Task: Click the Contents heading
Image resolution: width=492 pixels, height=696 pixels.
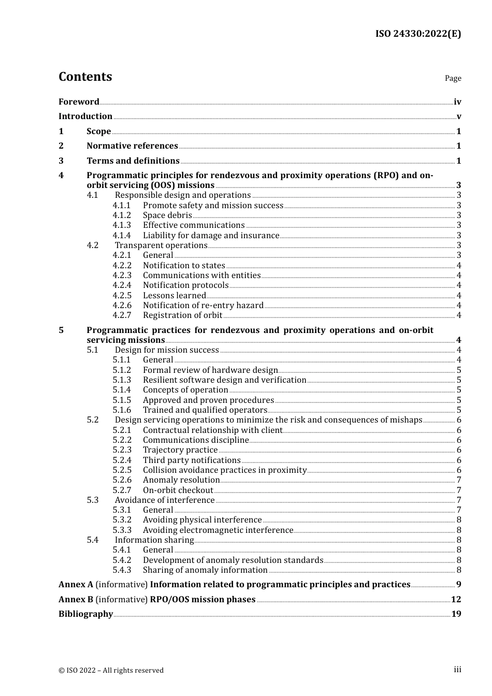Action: (85, 77)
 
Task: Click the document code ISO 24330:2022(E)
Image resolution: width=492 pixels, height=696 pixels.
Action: (418, 34)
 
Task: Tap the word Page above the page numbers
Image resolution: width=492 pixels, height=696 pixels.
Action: (453, 78)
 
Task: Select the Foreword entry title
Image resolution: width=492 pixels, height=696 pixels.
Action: (79, 102)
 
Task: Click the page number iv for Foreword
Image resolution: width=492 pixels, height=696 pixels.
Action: (457, 102)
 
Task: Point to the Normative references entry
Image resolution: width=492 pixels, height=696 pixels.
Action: (132, 146)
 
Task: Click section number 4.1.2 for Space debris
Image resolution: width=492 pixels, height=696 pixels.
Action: (122, 215)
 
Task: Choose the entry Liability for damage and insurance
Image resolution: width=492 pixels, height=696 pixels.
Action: (211, 236)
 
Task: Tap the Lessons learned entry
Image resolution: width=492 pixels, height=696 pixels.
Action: (174, 296)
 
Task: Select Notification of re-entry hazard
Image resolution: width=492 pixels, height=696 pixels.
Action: (203, 306)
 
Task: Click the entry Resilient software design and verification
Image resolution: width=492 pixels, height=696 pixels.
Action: (224, 380)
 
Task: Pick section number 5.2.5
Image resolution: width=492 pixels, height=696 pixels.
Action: (122, 470)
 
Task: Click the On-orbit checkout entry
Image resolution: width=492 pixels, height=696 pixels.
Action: (178, 490)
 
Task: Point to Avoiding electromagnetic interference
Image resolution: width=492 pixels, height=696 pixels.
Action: (218, 530)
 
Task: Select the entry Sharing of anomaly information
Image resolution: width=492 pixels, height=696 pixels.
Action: (205, 570)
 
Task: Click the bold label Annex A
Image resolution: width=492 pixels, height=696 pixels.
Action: (76, 585)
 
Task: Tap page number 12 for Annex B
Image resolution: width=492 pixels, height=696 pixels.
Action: (456, 600)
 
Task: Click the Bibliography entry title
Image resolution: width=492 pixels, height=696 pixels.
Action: (85, 614)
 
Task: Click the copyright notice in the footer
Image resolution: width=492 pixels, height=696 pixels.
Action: (111, 670)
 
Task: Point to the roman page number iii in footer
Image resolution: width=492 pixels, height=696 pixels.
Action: (457, 670)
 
